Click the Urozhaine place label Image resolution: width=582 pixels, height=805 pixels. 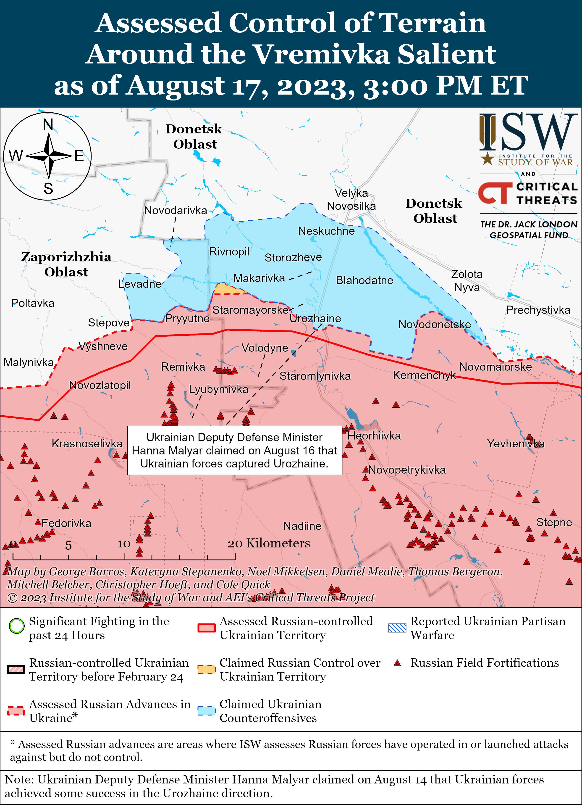pyautogui.click(x=315, y=318)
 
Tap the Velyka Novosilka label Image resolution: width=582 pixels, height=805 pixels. pyautogui.click(x=351, y=199)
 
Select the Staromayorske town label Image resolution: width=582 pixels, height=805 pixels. pyautogui.click(x=250, y=310)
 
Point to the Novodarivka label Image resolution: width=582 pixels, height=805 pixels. pyautogui.click(x=176, y=211)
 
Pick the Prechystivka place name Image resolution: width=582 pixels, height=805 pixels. pyautogui.click(x=538, y=310)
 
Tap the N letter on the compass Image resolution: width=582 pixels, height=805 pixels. pyautogui.click(x=48, y=125)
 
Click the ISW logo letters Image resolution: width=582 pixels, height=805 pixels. pyautogui.click(x=528, y=133)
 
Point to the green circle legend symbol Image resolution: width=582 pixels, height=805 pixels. pyautogui.click(x=17, y=626)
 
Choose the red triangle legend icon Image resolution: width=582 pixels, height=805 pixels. pyautogui.click(x=398, y=663)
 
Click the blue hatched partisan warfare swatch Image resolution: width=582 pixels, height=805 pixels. pyautogui.click(x=397, y=628)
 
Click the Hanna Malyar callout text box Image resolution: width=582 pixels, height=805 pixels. pyautogui.click(x=234, y=450)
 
